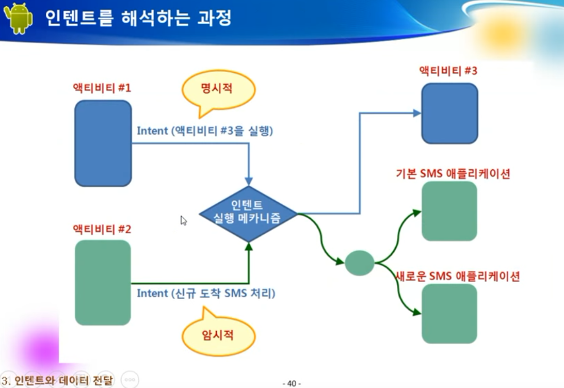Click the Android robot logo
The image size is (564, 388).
coord(19,18)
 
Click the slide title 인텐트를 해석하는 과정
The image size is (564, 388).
coord(138,18)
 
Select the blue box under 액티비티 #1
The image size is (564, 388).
coord(103,143)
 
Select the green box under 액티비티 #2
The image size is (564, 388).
coord(103,283)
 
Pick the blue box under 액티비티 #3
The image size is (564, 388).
coord(449,114)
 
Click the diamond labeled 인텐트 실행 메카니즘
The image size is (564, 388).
coord(248,214)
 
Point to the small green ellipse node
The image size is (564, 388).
coord(360,263)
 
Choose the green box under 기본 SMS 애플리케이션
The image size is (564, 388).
coord(449,211)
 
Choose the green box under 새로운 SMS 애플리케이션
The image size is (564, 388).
coord(449,314)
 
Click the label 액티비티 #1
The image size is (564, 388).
coord(102,88)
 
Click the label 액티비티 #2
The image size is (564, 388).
coord(102,229)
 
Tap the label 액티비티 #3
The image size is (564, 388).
coord(448,71)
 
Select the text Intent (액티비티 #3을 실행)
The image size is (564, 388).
coord(205,131)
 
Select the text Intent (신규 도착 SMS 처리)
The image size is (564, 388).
coord(206,294)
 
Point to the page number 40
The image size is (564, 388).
coord(292,384)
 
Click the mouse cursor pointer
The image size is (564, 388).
coord(184,220)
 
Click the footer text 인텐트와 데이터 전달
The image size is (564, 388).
coord(63,380)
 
